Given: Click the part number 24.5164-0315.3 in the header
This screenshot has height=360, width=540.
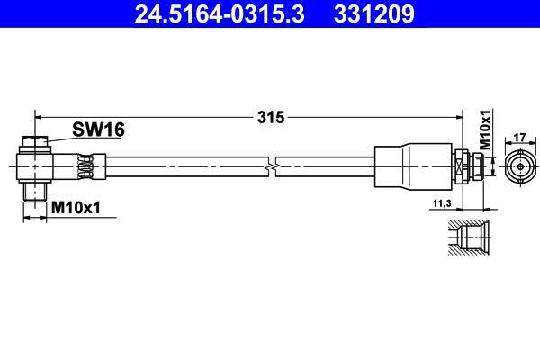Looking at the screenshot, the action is click(220, 13).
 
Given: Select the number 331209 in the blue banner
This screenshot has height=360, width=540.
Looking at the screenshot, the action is click(374, 13).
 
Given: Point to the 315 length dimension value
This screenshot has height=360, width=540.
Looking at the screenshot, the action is click(271, 118).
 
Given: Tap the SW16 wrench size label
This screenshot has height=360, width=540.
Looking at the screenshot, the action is click(98, 130).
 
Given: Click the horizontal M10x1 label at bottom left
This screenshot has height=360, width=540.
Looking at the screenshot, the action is click(76, 208).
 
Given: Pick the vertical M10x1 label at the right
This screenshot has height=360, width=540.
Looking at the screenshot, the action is click(485, 130).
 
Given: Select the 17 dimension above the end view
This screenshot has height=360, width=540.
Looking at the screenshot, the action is click(519, 138).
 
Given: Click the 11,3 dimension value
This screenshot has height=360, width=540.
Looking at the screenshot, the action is click(442, 203).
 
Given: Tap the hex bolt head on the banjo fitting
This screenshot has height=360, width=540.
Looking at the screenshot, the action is click(35, 141).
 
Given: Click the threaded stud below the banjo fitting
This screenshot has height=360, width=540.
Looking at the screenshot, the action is click(35, 192).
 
